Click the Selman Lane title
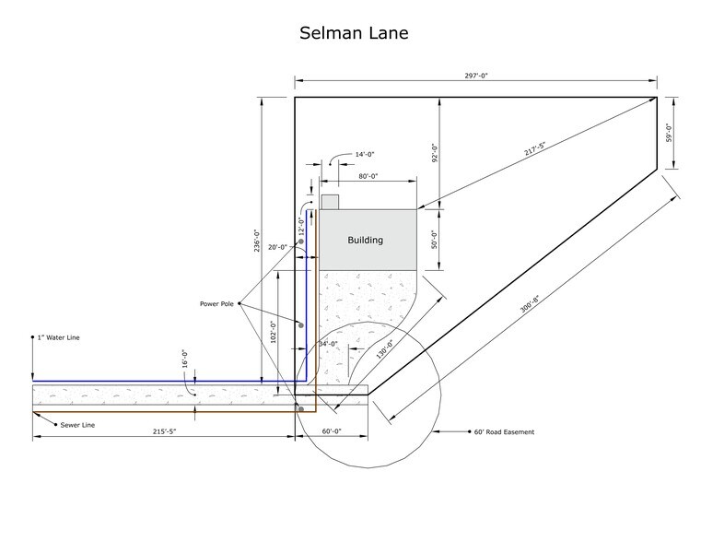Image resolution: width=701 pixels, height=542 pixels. click(x=354, y=33)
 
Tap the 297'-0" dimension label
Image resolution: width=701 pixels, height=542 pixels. click(x=476, y=76)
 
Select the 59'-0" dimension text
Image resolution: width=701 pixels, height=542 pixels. click(x=670, y=133)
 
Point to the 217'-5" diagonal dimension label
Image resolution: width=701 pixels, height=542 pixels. click(x=534, y=149)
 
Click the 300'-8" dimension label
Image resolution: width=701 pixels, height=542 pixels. click(x=530, y=303)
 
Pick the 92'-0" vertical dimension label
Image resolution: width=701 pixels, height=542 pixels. click(x=436, y=152)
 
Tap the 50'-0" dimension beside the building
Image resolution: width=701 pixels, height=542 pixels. click(x=436, y=240)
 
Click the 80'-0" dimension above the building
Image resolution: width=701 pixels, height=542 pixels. click(x=368, y=176)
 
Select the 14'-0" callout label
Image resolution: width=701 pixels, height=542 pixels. click(x=365, y=154)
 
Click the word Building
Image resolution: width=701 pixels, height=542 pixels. click(x=366, y=241)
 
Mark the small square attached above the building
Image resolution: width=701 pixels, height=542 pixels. click(x=331, y=202)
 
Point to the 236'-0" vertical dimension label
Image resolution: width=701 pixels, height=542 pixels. click(x=257, y=241)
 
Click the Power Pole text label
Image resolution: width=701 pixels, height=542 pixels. click(x=216, y=304)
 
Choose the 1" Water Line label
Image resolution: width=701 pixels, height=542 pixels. click(x=59, y=337)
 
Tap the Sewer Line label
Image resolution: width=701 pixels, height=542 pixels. click(x=77, y=425)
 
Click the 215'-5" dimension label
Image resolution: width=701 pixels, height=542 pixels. click(x=165, y=431)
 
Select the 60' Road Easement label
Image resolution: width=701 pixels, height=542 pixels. click(x=504, y=432)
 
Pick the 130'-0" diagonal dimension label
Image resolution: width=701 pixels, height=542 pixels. click(x=384, y=349)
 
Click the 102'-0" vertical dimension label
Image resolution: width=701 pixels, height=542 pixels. click(x=274, y=331)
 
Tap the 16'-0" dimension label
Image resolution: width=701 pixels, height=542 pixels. click(x=185, y=359)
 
